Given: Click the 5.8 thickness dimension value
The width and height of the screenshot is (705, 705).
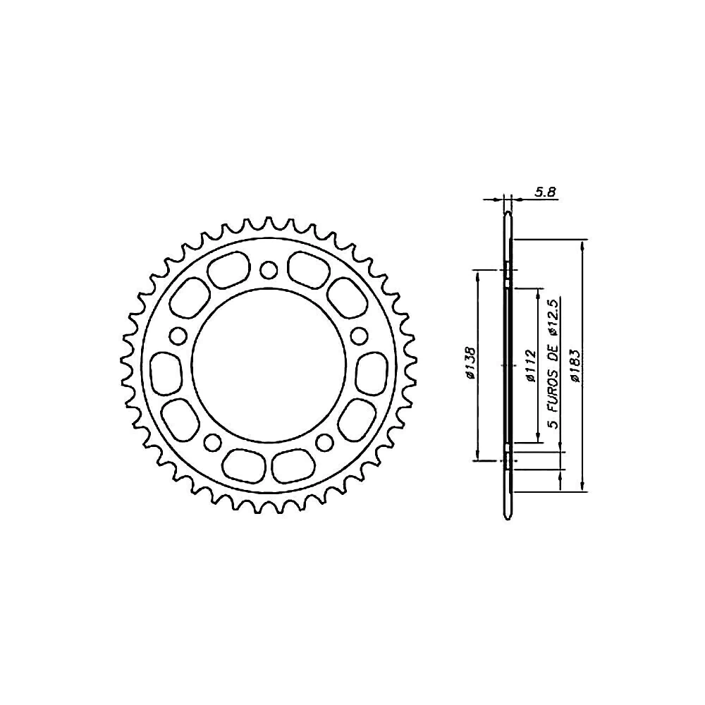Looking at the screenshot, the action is [545, 192].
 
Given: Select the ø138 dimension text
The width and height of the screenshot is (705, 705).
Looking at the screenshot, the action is [470, 363].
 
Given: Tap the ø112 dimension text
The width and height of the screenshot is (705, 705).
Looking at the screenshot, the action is [531, 365].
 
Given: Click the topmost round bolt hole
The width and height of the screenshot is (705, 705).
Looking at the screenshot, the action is [269, 270].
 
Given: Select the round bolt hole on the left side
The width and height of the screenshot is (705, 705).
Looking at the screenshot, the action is [178, 336].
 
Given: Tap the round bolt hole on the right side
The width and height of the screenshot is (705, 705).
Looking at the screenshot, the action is [359, 336].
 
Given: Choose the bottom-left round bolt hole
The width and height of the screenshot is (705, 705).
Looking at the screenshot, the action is [212, 442].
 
